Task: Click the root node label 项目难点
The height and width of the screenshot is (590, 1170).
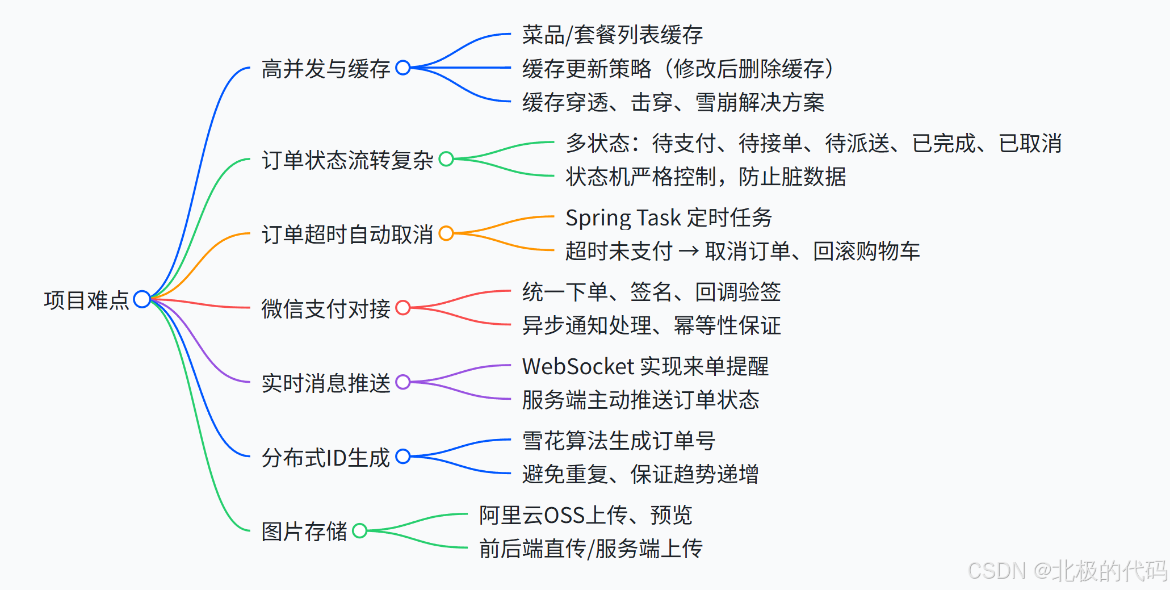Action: click(86, 300)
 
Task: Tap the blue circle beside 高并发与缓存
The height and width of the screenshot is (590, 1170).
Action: click(403, 68)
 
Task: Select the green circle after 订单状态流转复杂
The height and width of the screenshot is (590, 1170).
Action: click(446, 159)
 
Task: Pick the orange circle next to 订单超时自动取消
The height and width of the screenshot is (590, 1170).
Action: click(446, 233)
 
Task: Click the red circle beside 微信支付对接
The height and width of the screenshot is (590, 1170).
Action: click(403, 308)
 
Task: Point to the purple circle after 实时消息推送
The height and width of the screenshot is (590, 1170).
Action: click(403, 382)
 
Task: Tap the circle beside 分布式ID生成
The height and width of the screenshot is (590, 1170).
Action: click(403, 457)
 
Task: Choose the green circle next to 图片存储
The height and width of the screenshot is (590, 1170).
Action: click(359, 531)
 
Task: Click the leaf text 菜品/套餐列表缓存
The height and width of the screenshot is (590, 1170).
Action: click(612, 35)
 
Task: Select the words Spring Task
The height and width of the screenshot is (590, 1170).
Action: click(623, 218)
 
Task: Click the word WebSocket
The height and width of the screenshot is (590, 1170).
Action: click(577, 367)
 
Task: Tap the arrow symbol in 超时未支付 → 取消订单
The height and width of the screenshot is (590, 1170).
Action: click(689, 251)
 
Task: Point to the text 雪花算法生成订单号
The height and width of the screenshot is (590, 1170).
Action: click(618, 441)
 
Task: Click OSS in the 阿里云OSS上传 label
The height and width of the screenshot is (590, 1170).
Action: click(564, 516)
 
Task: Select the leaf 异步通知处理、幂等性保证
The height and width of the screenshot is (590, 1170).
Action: click(651, 326)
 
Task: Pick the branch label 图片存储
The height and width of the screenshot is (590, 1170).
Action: click(304, 532)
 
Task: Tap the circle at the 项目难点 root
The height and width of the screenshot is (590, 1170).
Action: click(142, 299)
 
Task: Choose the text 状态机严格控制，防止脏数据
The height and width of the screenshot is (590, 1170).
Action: click(705, 177)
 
